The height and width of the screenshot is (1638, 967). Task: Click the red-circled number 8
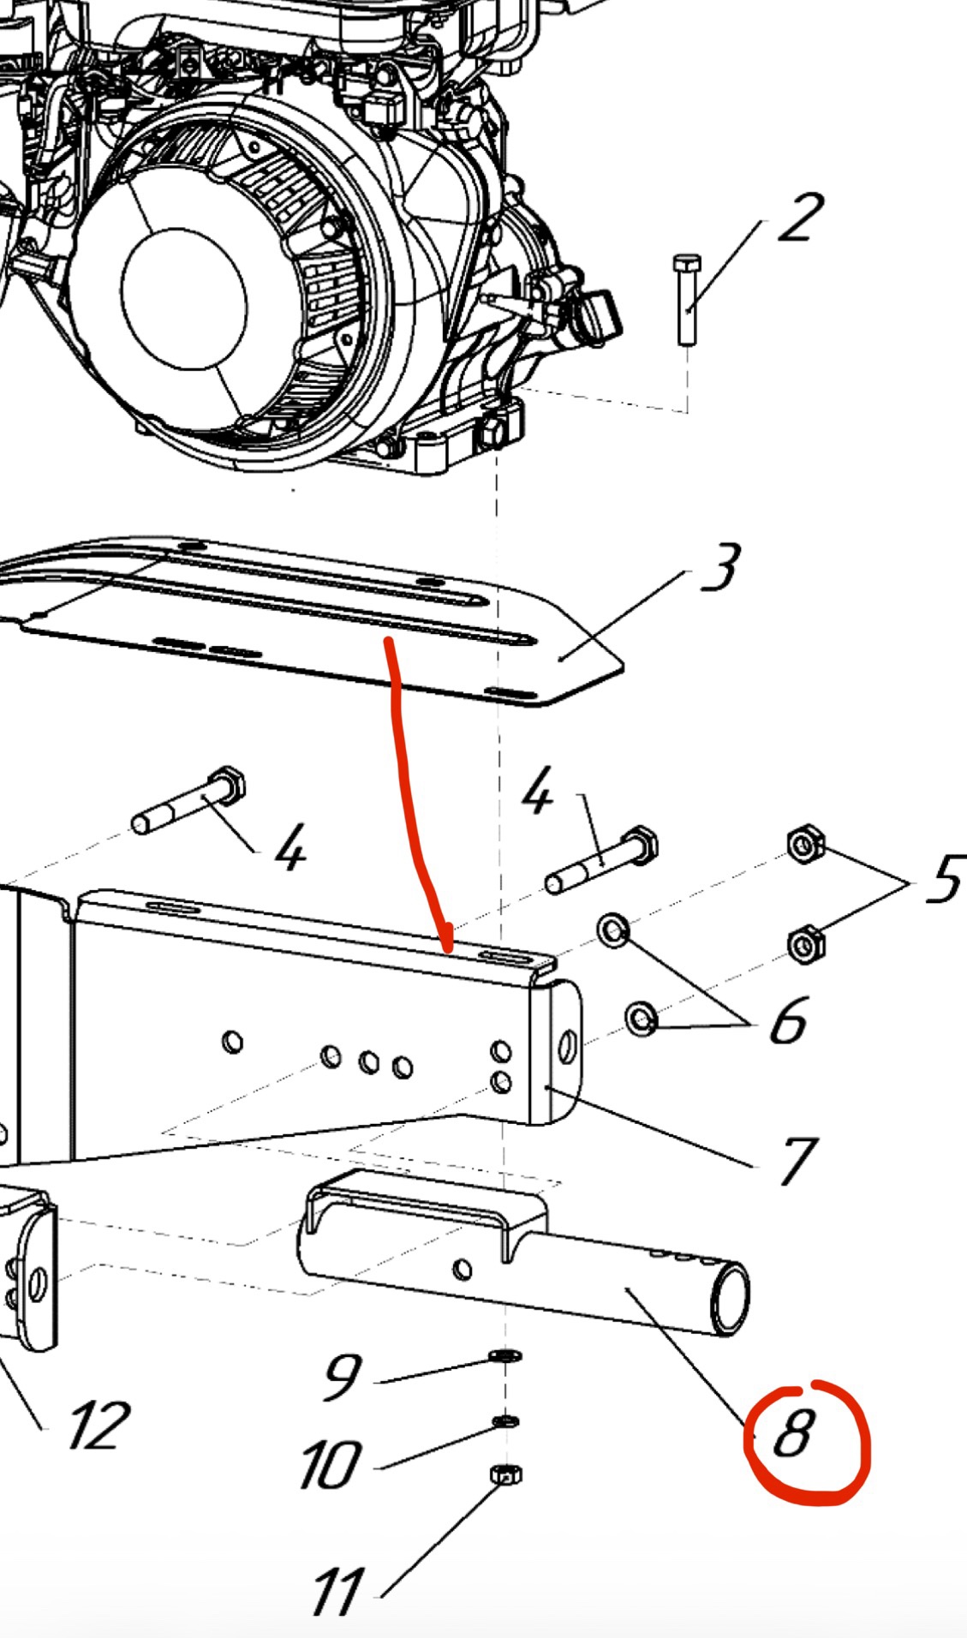(792, 1433)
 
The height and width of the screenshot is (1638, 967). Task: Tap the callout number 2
(800, 218)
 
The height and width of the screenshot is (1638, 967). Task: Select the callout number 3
(719, 566)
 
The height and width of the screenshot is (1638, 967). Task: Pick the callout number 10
(329, 1464)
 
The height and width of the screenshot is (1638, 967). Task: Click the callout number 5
(945, 879)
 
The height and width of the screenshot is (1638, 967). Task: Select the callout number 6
(788, 1020)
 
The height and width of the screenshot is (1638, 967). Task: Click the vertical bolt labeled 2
(686, 299)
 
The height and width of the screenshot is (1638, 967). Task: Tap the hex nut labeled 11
(505, 1474)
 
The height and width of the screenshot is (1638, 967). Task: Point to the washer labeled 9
(506, 1355)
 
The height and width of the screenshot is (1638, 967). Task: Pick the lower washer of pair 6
(640, 1017)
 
